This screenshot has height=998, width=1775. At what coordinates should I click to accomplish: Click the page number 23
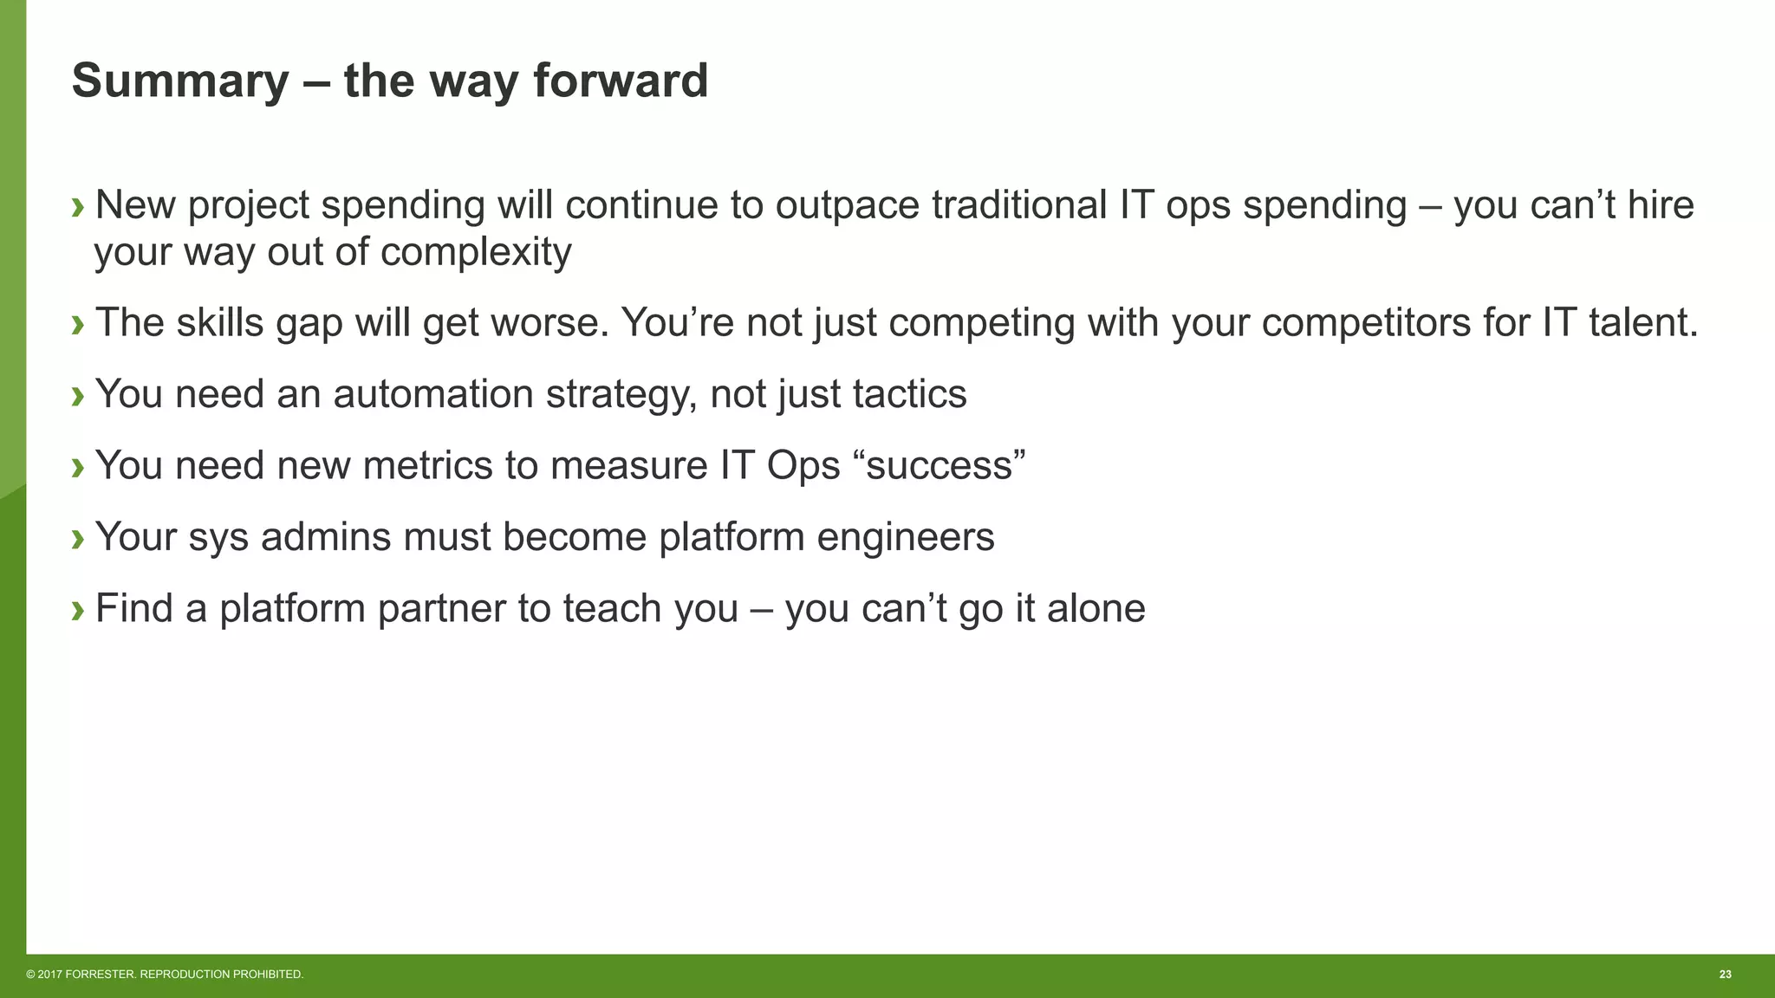[1725, 975]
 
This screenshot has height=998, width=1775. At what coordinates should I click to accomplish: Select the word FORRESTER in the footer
[101, 975]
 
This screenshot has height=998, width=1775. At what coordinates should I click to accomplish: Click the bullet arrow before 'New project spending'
[78, 207]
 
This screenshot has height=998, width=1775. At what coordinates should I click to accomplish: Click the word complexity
[476, 253]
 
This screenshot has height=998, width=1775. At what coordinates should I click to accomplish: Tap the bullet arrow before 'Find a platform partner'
[78, 610]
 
